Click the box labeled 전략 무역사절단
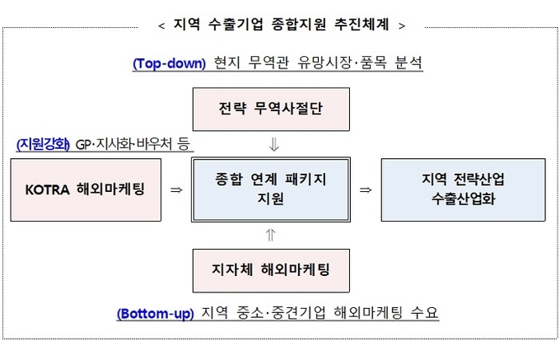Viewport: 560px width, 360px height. pos(271,110)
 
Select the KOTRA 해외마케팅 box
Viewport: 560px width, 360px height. pos(86,190)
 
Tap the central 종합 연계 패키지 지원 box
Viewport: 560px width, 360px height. pos(271,189)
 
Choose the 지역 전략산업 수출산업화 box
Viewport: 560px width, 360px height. pos(463,190)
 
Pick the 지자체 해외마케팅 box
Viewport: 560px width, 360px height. pos(271,271)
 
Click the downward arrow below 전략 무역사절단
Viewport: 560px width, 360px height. pos(274,145)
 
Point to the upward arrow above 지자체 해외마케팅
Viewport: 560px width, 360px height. pos(271,235)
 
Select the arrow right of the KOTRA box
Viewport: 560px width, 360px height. pos(176,189)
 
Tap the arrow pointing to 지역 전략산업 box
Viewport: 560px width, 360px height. pos(366,189)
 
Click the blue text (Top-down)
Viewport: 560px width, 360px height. pos(170,63)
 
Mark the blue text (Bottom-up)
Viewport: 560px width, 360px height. pos(156,314)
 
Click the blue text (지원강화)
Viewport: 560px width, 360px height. pos(43,144)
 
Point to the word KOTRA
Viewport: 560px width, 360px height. pos(47,189)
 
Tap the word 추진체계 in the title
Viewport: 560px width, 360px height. pos(362,25)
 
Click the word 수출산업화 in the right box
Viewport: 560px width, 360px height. pos(463,199)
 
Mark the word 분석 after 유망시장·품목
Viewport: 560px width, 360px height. pos(408,63)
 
